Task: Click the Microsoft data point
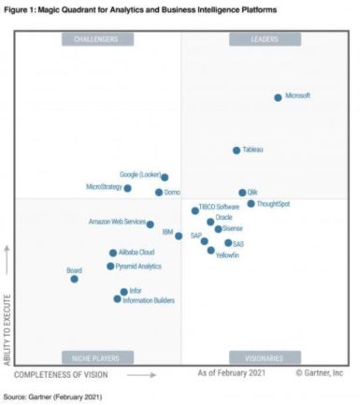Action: click(278, 97)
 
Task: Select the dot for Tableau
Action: click(237, 151)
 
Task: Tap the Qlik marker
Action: click(242, 193)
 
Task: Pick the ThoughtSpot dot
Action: click(251, 204)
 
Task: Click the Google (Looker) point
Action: click(165, 177)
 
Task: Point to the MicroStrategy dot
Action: click(128, 188)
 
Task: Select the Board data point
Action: click(75, 279)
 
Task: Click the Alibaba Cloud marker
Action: click(113, 253)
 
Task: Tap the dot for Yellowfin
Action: click(210, 251)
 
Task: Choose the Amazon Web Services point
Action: click(150, 224)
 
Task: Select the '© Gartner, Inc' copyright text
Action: click(321, 373)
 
